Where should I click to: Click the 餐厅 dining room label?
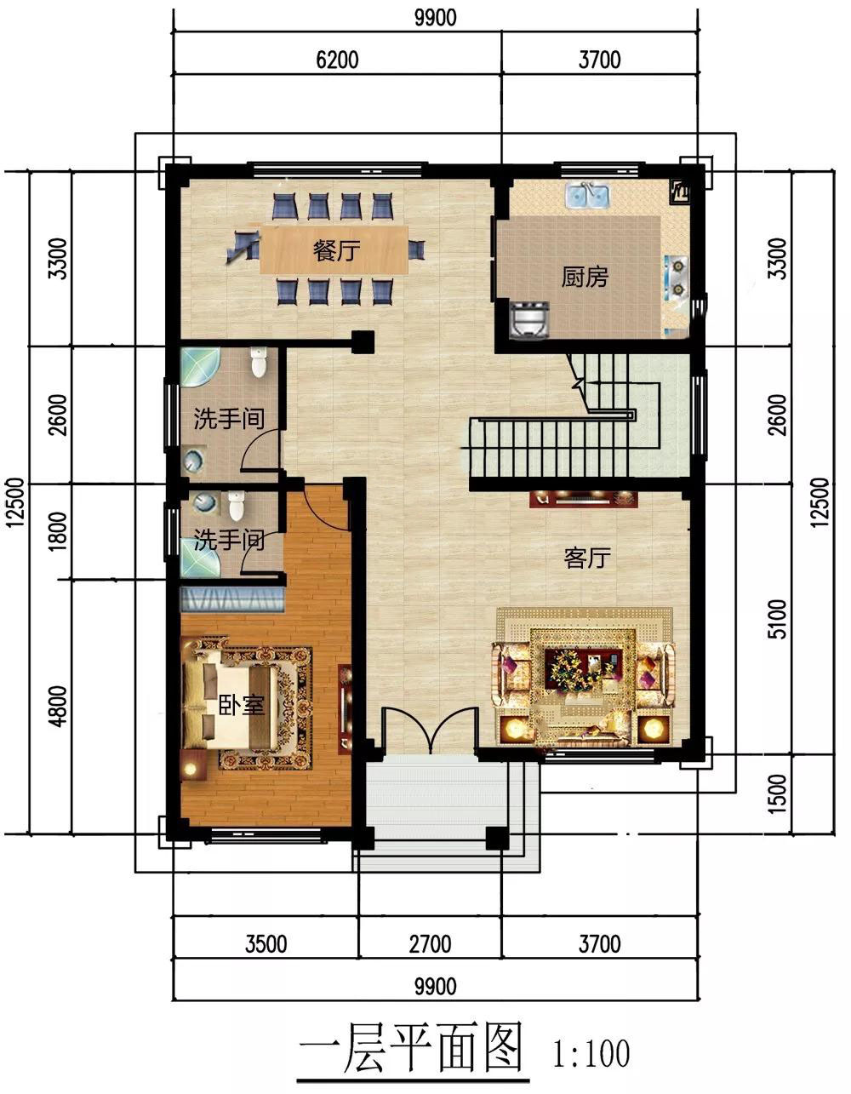(x=336, y=250)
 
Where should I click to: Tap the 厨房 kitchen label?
(x=585, y=277)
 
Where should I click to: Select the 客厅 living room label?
(x=587, y=558)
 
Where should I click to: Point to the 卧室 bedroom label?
(x=241, y=705)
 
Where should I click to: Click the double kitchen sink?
(x=587, y=196)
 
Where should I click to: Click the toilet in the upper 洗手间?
(x=258, y=363)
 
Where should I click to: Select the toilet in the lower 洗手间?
(x=236, y=507)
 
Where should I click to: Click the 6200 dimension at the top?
(x=337, y=60)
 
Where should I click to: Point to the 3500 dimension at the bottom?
(x=266, y=944)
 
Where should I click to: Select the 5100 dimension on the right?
(x=778, y=619)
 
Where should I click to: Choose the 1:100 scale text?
(x=591, y=1054)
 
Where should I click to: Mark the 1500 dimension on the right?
(x=778, y=794)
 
